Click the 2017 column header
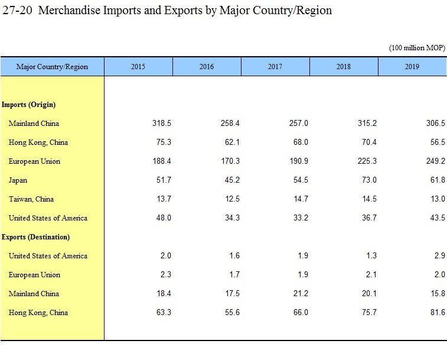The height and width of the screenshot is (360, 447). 275,67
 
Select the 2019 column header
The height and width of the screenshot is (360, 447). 412,67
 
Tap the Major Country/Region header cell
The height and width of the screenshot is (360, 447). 52,67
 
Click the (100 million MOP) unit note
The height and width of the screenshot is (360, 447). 416,48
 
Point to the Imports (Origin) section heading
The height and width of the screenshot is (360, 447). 28,105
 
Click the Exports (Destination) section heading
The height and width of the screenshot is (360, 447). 35,237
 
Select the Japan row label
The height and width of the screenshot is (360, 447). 18,180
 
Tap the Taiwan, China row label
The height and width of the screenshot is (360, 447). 31,199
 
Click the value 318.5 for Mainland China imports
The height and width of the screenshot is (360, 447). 161,124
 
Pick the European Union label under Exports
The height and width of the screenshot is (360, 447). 34,275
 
